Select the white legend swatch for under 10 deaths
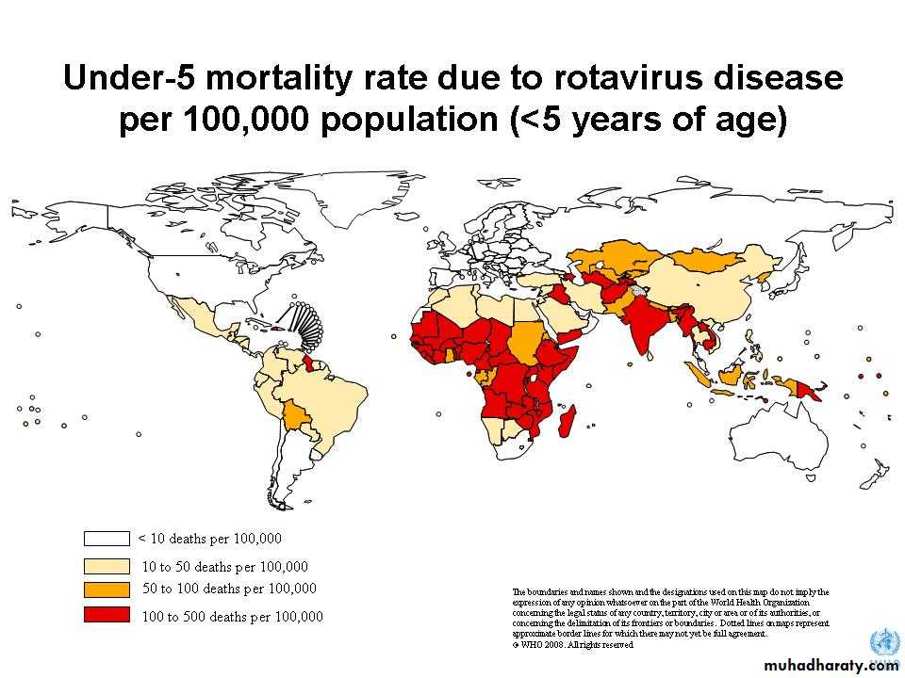[x=107, y=539]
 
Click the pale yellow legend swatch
[x=107, y=567]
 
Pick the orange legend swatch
[x=107, y=589]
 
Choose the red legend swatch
[x=107, y=616]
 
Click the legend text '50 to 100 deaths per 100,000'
[x=229, y=589]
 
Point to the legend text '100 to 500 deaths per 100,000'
[x=232, y=617]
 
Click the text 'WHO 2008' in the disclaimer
[x=540, y=645]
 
